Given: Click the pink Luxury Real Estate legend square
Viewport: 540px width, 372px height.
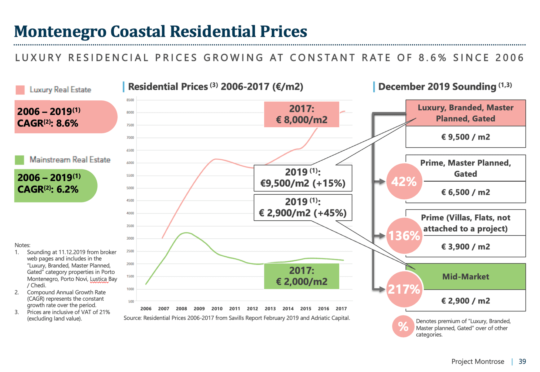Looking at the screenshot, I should click(20, 90).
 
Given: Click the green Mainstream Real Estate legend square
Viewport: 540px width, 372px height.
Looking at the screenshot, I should click(20, 160).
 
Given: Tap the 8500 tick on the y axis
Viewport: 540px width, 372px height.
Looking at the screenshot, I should click(130, 100).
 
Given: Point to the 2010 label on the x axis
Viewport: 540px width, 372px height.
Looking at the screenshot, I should click(217, 309).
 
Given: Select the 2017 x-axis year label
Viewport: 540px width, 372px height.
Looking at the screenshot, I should click(341, 309).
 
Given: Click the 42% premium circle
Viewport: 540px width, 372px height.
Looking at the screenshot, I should click(404, 182).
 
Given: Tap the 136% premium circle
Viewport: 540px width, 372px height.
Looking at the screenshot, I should click(404, 236).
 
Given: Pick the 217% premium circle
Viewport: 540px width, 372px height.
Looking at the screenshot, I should click(404, 290).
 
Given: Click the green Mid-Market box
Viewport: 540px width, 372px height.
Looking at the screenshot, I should click(465, 277).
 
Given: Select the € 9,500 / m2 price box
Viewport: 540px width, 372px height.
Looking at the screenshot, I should click(465, 137).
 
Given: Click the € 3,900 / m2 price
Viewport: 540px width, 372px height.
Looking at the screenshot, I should click(465, 247).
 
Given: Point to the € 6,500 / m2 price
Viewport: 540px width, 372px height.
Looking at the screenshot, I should click(465, 192).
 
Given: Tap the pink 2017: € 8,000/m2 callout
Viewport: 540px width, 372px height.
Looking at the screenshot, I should click(301, 114).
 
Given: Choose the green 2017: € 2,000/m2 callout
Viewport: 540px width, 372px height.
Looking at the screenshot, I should click(301, 276).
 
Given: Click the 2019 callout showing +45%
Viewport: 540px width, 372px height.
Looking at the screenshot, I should click(303, 207).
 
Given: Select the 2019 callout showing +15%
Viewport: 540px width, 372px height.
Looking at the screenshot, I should click(303, 178).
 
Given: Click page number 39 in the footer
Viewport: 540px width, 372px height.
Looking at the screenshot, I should click(522, 361).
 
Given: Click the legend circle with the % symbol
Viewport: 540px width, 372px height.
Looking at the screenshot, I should click(403, 326).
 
